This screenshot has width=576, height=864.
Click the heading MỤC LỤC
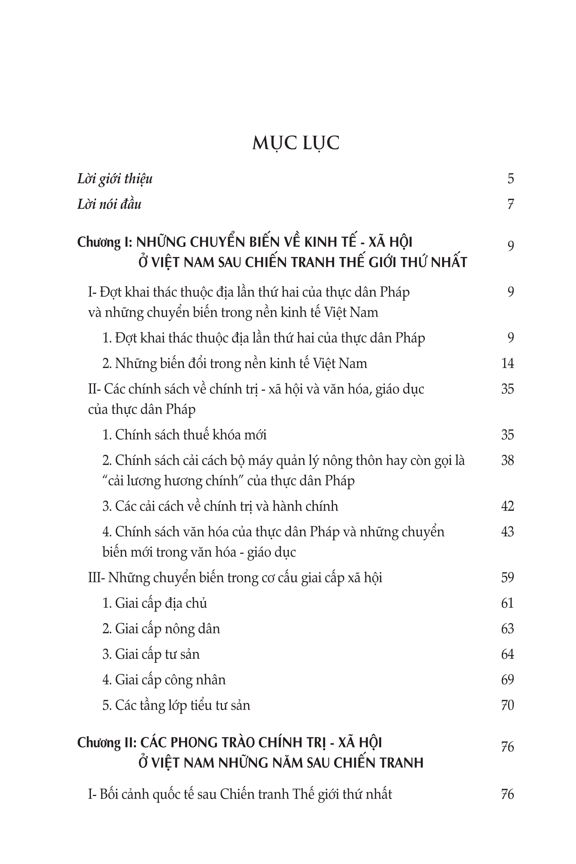pos(295,143)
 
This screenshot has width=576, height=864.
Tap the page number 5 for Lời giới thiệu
pos(510,179)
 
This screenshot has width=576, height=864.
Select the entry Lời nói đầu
pos(109,204)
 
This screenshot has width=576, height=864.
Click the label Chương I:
pos(104,242)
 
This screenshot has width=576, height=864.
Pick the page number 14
pos(507,363)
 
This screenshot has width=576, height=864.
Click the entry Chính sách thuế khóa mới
pos(190,435)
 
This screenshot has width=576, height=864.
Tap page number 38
pos(507,460)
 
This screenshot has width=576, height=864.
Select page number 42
pos(507,506)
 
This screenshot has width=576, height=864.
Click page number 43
pos(507,532)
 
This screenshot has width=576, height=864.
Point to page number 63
pos(507,629)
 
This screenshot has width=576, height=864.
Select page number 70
pos(507,705)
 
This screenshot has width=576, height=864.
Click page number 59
pos(507,578)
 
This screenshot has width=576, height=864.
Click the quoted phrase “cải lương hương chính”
pos(174,481)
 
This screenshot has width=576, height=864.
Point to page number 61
pos(507,603)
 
